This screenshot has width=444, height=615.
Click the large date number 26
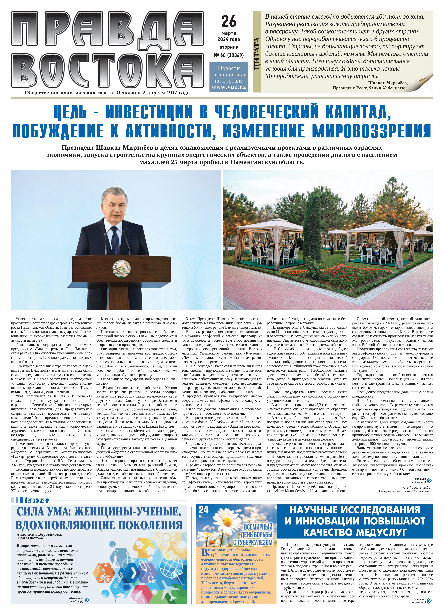point(229,22)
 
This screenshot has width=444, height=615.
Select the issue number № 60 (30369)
point(229,55)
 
